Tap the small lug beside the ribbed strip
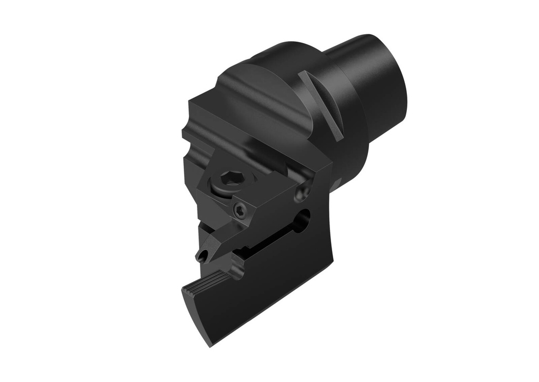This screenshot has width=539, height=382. tap(236, 270)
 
